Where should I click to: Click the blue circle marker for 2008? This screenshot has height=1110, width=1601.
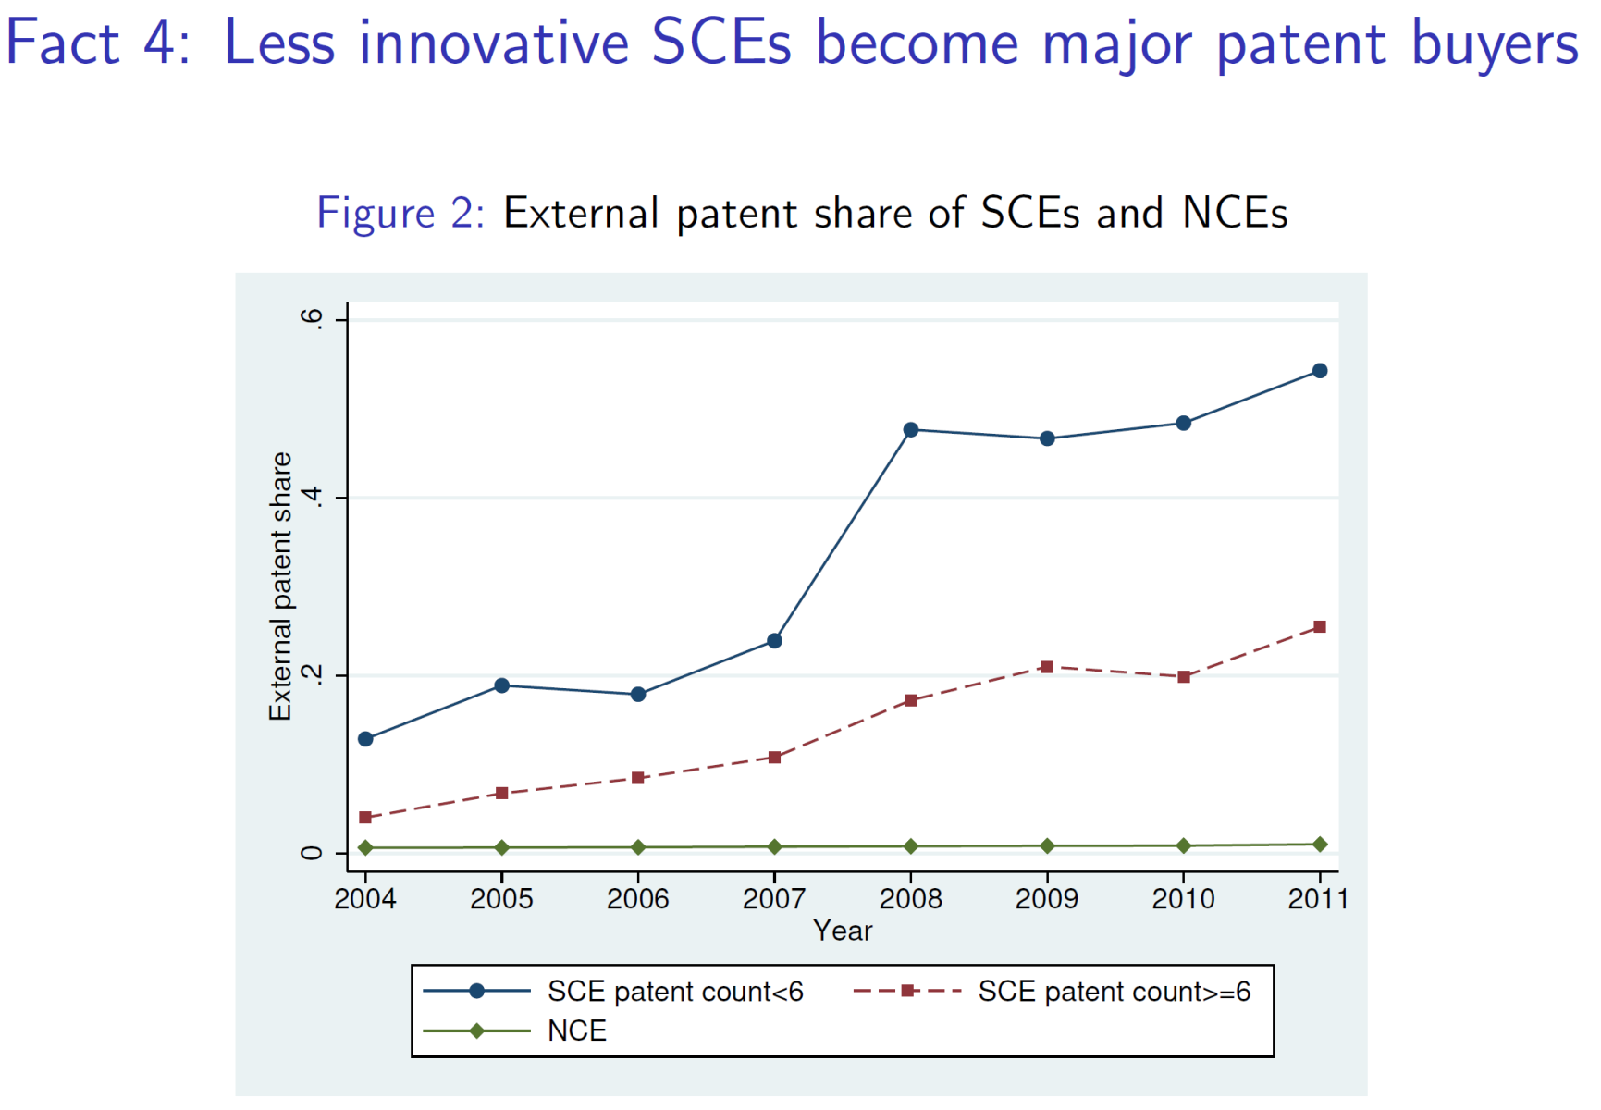click(x=911, y=429)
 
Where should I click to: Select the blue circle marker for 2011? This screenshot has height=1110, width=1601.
click(x=1320, y=371)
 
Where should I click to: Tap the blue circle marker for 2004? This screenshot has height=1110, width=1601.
click(x=365, y=739)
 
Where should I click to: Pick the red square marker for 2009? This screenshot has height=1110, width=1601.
click(x=1047, y=667)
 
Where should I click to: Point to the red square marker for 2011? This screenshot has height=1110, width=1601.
click(x=1320, y=627)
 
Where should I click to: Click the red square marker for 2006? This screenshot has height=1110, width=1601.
click(x=638, y=778)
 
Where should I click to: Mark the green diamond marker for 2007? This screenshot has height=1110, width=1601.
click(x=774, y=846)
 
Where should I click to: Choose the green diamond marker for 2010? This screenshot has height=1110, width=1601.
click(x=1184, y=845)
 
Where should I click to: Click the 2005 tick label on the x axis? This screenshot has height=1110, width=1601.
click(x=501, y=898)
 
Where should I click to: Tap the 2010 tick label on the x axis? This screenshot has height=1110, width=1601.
click(x=1183, y=898)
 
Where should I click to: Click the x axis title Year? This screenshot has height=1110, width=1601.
click(x=843, y=931)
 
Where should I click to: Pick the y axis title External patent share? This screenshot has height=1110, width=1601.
click(x=280, y=586)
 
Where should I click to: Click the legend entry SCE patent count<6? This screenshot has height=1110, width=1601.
click(x=674, y=992)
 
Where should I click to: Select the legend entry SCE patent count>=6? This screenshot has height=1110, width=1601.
click(x=1114, y=992)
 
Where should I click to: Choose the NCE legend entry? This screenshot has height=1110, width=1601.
click(x=576, y=1030)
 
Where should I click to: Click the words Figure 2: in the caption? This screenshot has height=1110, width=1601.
click(x=400, y=213)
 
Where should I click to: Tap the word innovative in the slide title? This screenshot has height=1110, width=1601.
click(x=494, y=43)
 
